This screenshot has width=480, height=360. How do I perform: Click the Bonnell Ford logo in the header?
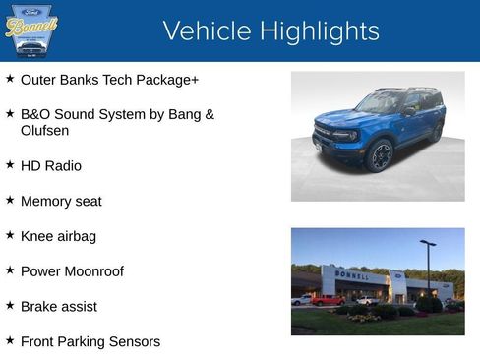[31, 30]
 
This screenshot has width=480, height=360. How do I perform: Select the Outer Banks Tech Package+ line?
[109, 80]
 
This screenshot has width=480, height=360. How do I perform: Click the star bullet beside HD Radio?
[10, 164]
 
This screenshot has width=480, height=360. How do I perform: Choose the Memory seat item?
[61, 201]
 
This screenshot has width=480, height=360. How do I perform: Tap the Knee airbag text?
[58, 236]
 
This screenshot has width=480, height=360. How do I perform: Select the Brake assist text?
[59, 307]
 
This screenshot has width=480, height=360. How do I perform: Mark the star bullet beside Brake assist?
[10, 305]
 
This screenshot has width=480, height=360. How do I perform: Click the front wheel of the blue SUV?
[381, 153]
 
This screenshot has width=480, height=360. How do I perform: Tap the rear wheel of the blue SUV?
[434, 133]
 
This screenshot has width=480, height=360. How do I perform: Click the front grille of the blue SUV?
[323, 133]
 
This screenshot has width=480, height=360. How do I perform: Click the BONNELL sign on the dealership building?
[352, 275]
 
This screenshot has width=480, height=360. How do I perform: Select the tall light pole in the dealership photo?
[428, 268]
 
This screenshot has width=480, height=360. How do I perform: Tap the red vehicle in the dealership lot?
[328, 300]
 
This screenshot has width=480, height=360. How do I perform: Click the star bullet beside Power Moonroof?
[10, 270]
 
